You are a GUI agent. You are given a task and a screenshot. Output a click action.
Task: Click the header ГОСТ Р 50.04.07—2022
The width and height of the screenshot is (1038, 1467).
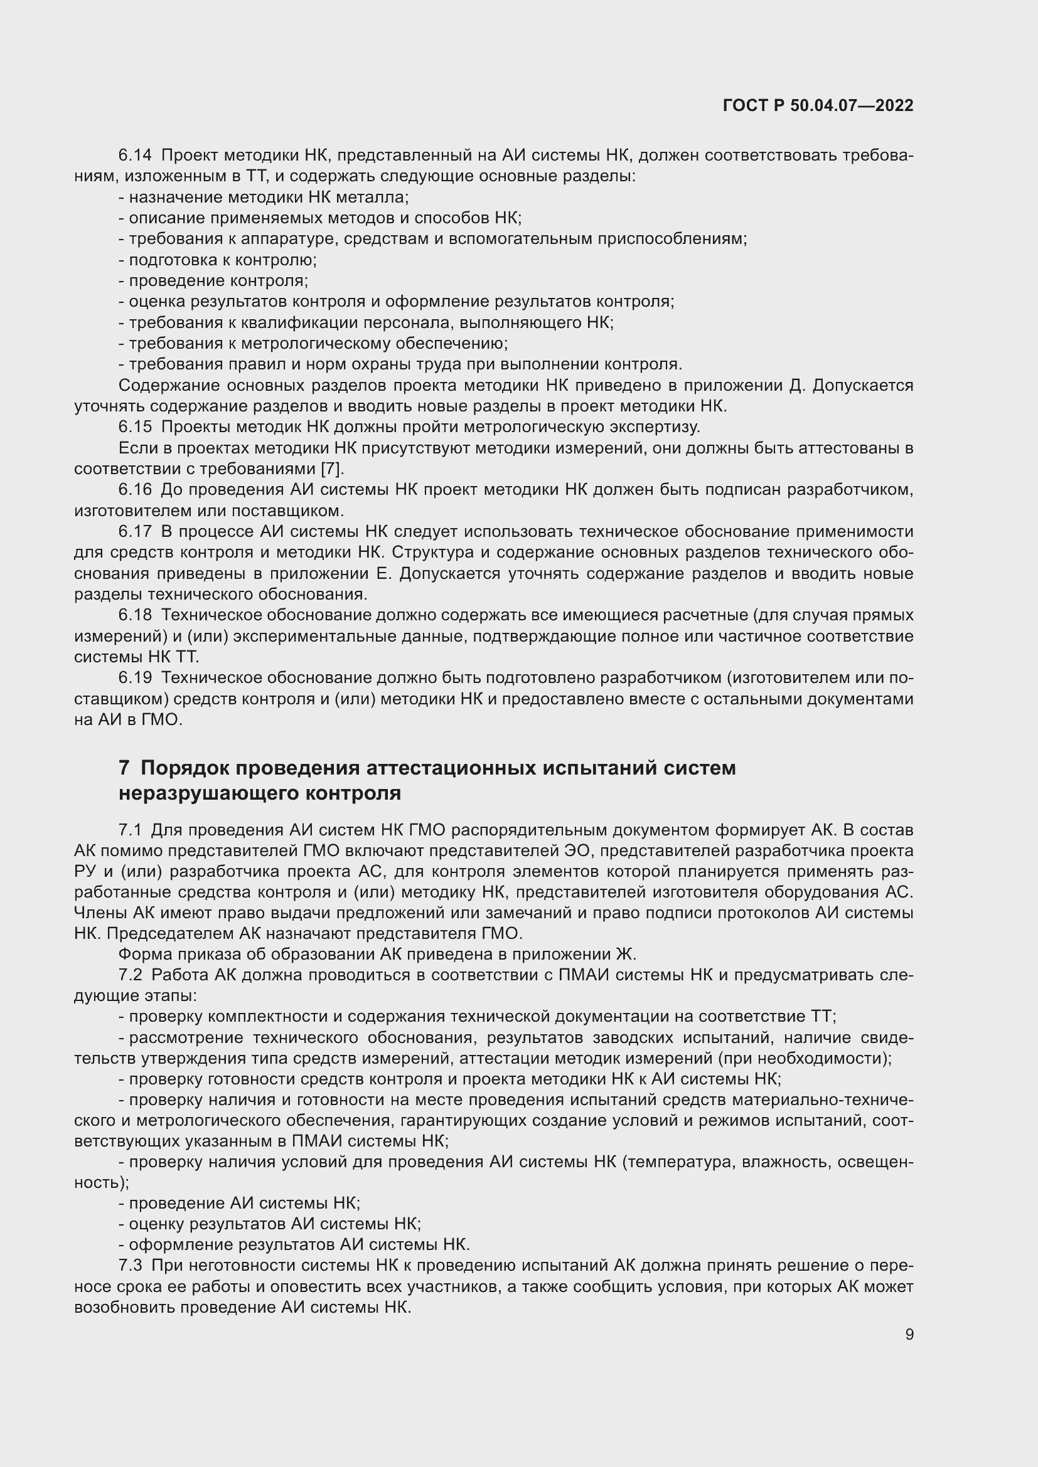pos(818,105)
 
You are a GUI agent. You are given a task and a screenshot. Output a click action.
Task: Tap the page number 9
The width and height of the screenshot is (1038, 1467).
pos(909,1334)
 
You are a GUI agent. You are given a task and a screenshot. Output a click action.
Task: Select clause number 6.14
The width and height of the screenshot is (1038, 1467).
pos(135,156)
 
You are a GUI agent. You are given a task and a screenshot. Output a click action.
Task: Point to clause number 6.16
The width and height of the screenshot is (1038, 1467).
pos(135,489)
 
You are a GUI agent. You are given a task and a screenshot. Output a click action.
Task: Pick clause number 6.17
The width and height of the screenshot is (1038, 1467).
pos(135,532)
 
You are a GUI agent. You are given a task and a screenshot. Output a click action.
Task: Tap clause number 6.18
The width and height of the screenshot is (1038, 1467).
pos(135,615)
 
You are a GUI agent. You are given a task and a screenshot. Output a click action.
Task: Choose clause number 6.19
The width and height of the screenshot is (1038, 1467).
pos(135,678)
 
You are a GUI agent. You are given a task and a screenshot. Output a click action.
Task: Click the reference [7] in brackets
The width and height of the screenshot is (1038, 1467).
pos(333,469)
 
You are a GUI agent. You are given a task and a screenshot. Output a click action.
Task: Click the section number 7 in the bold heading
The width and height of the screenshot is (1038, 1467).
pos(124,767)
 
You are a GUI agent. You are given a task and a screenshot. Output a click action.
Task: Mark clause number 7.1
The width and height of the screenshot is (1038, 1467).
pos(130,830)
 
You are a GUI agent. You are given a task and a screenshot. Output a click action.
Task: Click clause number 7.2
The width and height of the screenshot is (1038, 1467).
pos(130,976)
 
